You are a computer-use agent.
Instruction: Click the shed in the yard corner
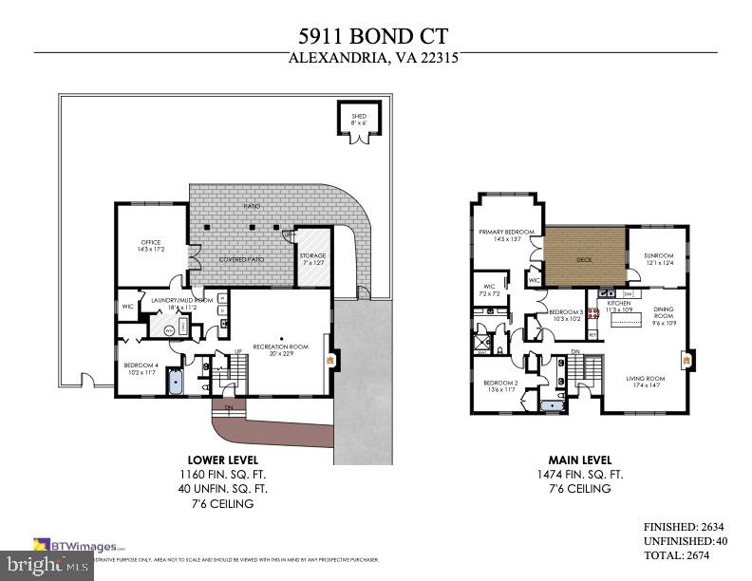click(357, 122)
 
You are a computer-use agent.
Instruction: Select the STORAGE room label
click(312, 256)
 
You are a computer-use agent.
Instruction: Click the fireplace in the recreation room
click(330, 361)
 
